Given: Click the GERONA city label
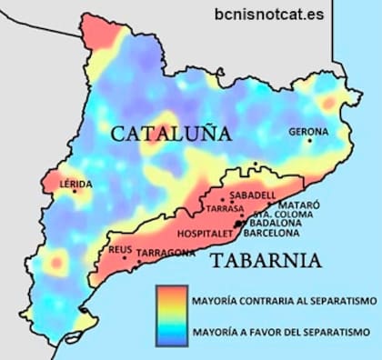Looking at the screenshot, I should click(x=307, y=132).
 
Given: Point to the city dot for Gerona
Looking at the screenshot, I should click(x=309, y=141).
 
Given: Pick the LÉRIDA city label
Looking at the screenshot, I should click(x=75, y=183).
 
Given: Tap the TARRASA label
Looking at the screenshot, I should click(x=225, y=208).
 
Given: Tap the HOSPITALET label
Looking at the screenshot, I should click(x=206, y=232).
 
